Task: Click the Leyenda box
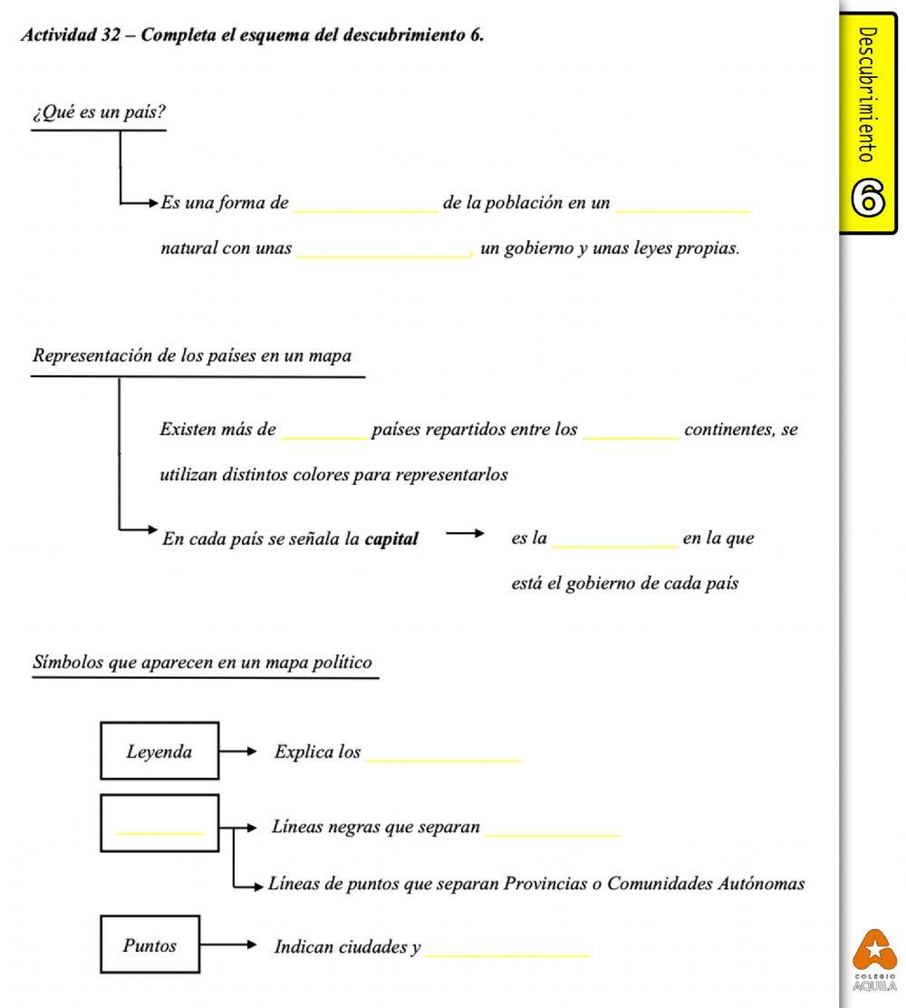159,751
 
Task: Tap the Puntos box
149,945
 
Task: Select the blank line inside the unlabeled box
159,829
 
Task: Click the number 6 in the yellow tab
868,199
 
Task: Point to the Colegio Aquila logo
874,959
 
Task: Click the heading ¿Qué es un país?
99,113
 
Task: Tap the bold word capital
391,539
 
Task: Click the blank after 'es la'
614,544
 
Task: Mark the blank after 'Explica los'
443,758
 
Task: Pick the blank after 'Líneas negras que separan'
553,832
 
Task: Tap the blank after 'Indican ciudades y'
507,953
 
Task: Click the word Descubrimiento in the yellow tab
867,94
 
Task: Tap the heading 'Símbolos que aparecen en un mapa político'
202,663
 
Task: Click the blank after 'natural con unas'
384,254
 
